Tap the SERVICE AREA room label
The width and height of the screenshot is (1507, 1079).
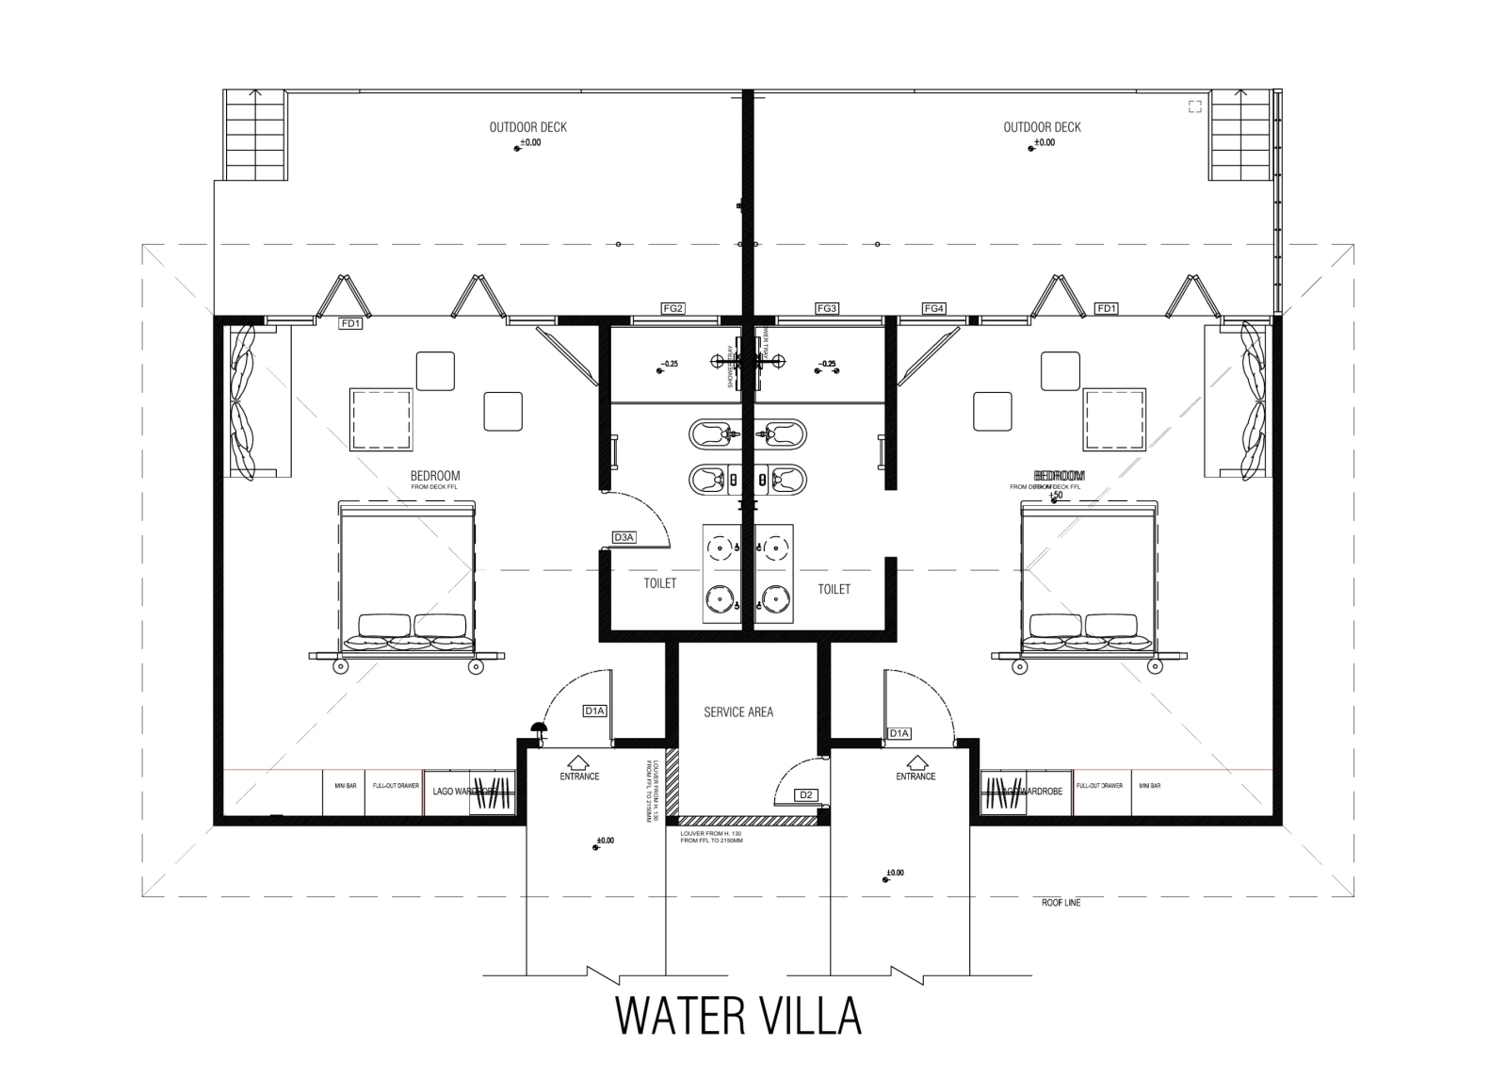pos(738,712)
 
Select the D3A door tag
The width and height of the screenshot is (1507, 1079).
pos(624,537)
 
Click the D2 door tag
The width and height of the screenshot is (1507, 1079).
pos(805,795)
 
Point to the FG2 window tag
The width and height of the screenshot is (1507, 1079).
pos(672,308)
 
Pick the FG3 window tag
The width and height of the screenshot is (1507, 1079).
pos(827,308)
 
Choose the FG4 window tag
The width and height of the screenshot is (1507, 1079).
pos(933,308)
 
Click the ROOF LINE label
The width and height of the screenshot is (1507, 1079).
pos(1061,903)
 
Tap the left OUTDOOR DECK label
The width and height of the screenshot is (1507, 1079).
pos(527,127)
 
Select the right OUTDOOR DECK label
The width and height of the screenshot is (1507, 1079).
pos(1042,127)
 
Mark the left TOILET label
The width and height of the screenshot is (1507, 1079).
pos(660,583)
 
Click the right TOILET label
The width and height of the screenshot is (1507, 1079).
pos(834,589)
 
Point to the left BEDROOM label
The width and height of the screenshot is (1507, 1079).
pos(435,476)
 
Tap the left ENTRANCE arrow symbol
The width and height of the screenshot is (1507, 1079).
pos(579,760)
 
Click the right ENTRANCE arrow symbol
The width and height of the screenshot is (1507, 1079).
pos(916,760)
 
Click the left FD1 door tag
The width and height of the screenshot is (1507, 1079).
pos(351,323)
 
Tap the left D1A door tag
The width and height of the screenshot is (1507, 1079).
pos(594,711)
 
